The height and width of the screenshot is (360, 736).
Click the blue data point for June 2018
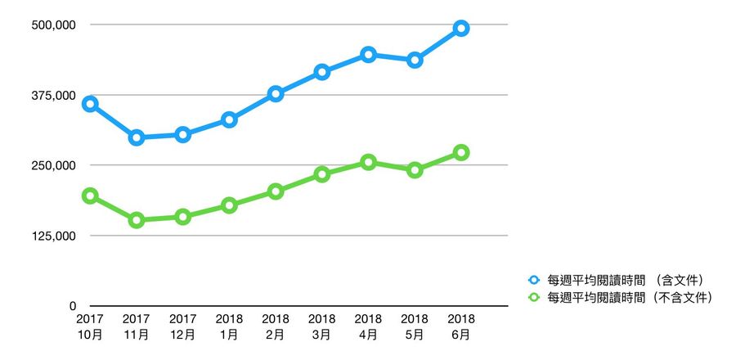tap(461, 29)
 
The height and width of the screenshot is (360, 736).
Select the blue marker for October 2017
tap(90, 104)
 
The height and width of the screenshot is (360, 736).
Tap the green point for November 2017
tap(137, 220)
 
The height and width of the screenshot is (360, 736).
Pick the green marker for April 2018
tap(369, 163)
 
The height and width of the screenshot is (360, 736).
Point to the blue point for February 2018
tap(276, 94)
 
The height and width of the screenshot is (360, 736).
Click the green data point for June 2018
tap(461, 152)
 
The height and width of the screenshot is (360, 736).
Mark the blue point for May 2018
tap(415, 60)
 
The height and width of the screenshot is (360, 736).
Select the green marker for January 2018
tap(230, 205)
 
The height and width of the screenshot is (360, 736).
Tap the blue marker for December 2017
tap(183, 134)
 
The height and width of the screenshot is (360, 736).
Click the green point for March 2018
tap(322, 174)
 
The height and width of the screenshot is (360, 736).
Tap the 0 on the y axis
tap(72, 306)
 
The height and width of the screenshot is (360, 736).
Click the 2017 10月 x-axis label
tap(90, 326)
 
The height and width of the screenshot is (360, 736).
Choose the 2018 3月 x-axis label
tap(322, 326)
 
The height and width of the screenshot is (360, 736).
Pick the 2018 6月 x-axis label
tap(461, 326)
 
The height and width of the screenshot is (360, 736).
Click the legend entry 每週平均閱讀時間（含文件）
tap(626, 280)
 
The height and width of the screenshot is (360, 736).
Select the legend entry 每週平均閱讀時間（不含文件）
tap(630, 297)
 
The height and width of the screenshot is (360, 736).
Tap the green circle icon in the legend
tap(535, 297)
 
